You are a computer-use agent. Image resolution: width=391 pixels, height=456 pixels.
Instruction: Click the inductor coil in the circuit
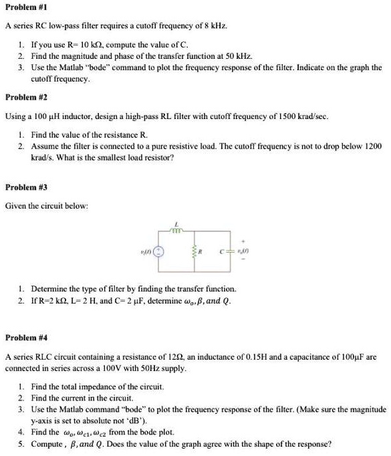click(x=176, y=231)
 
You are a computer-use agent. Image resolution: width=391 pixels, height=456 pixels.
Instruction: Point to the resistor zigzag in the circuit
click(x=195, y=252)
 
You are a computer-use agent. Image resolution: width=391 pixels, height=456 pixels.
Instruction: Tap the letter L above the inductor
click(x=176, y=224)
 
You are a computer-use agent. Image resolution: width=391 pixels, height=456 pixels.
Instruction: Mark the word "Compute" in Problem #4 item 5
click(x=46, y=443)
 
